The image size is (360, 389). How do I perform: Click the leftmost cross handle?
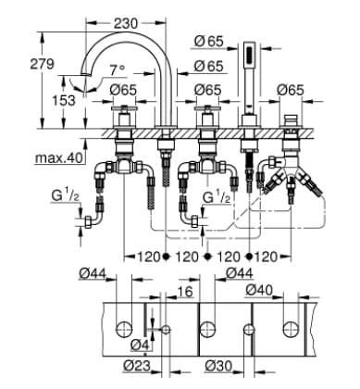click(x=124, y=119)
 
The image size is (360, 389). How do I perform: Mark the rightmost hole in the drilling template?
click(x=291, y=327)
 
